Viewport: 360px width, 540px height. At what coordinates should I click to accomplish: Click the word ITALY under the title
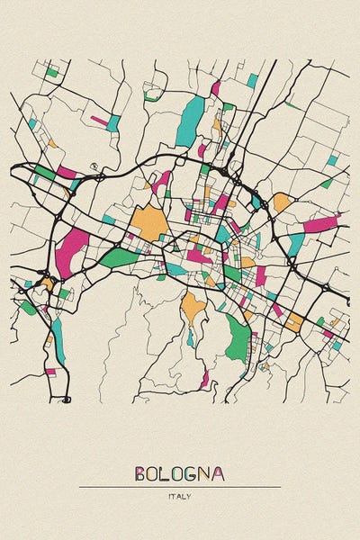(179, 496)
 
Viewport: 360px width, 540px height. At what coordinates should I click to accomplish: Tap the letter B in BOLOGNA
(141, 474)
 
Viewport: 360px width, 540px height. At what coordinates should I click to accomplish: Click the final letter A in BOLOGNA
(219, 474)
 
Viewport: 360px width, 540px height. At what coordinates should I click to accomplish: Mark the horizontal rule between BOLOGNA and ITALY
(179, 487)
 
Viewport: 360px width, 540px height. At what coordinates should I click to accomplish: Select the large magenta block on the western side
(70, 249)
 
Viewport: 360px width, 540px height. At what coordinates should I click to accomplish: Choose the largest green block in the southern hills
(238, 337)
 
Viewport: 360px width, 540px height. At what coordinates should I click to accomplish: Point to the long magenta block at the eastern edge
(320, 223)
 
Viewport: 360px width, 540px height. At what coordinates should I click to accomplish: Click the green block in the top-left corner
(52, 71)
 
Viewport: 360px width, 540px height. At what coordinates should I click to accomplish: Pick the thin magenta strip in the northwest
(98, 119)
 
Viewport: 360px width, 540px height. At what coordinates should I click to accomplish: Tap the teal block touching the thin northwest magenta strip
(113, 123)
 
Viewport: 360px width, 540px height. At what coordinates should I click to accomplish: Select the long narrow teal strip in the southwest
(58, 337)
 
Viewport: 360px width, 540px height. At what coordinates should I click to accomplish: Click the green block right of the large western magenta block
(119, 257)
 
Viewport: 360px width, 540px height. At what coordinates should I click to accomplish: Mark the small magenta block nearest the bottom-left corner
(50, 371)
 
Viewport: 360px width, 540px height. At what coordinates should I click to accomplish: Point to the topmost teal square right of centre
(252, 81)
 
